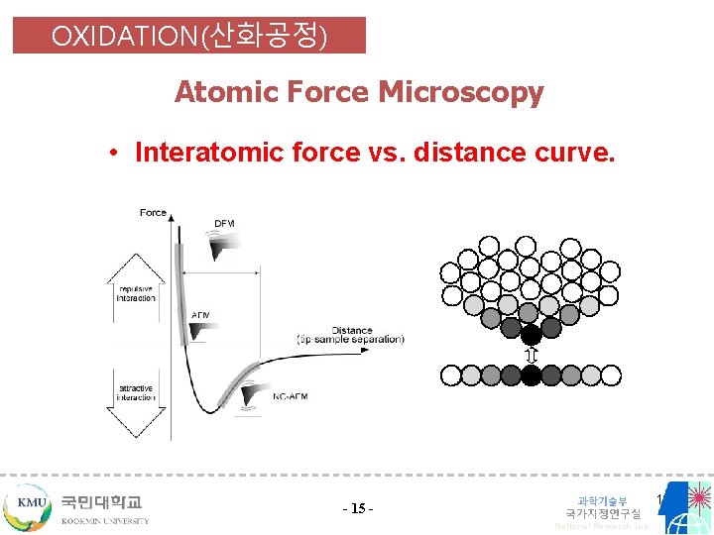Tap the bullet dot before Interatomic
click(116, 154)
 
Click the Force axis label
click(153, 212)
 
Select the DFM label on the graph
click(225, 224)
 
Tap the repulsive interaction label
click(136, 292)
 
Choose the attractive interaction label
click(136, 392)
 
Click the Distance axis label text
click(351, 331)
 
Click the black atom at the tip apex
click(532, 334)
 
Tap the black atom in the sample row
click(532, 374)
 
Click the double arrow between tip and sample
click(532, 355)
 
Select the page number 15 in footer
click(357, 509)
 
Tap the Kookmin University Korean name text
click(101, 502)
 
